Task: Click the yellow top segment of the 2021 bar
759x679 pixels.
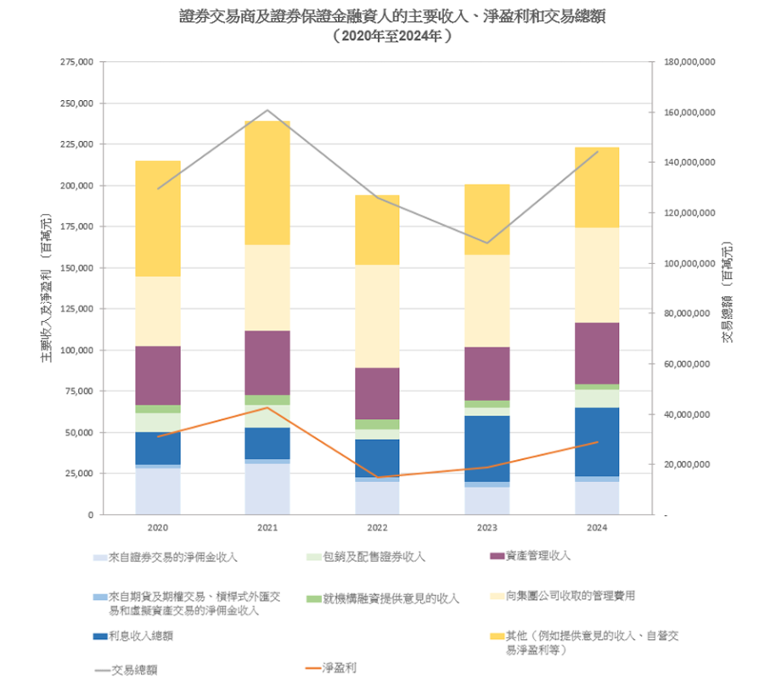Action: click(x=267, y=182)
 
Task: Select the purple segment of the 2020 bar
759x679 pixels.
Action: click(x=158, y=375)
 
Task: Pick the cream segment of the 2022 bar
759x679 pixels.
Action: click(x=377, y=316)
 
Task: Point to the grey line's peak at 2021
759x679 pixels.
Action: click(x=267, y=110)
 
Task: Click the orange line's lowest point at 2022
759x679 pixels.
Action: click(x=377, y=477)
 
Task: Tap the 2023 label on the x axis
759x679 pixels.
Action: click(x=487, y=528)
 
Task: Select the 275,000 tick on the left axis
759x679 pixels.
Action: click(x=76, y=62)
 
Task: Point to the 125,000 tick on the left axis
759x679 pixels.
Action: click(x=76, y=309)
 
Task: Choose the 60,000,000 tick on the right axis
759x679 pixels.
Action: click(x=690, y=364)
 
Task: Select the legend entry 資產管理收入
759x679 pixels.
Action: click(x=537, y=556)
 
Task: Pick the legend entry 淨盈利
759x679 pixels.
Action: click(x=339, y=667)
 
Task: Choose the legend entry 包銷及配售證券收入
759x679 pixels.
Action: click(x=374, y=557)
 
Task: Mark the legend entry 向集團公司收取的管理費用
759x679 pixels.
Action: click(x=570, y=597)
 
